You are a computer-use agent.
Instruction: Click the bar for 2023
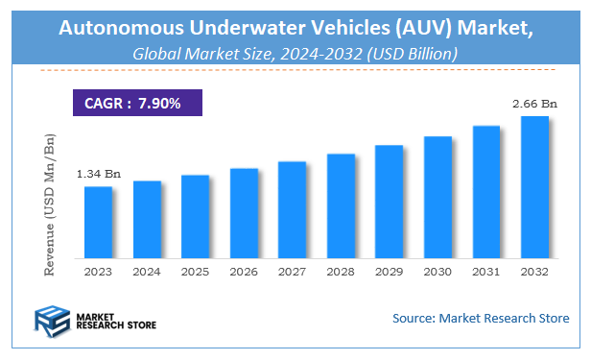coord(98,223)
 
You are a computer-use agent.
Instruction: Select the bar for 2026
coord(244,213)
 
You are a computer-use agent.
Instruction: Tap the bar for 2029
coord(389,202)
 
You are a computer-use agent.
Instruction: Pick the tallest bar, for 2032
coord(534,187)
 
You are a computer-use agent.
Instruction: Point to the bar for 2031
coord(486,192)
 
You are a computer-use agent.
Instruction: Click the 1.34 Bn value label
coord(99,174)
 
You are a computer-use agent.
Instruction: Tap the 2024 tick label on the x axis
coord(147,272)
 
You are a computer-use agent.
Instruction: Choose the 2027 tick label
coord(293,272)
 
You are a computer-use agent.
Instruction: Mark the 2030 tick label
coord(437,272)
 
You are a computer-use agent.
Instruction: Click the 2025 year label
coord(195,272)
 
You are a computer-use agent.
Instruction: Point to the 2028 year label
coord(341,272)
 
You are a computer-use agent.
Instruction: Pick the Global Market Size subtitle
coord(295,55)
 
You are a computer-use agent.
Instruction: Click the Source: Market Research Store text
coord(480,318)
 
